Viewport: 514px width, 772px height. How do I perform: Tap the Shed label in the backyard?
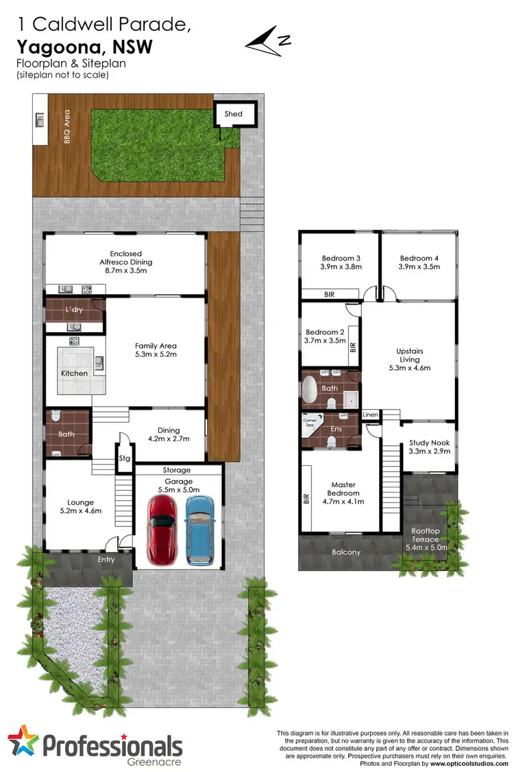[x=233, y=114]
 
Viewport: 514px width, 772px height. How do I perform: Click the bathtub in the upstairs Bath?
[x=311, y=388]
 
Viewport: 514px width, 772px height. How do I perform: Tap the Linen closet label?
[x=370, y=415]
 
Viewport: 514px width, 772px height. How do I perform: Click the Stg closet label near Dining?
[x=125, y=457]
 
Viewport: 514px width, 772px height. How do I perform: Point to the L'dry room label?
[x=73, y=310]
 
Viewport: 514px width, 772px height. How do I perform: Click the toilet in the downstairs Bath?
[x=56, y=417]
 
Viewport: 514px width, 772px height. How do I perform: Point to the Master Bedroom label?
[x=343, y=489]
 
